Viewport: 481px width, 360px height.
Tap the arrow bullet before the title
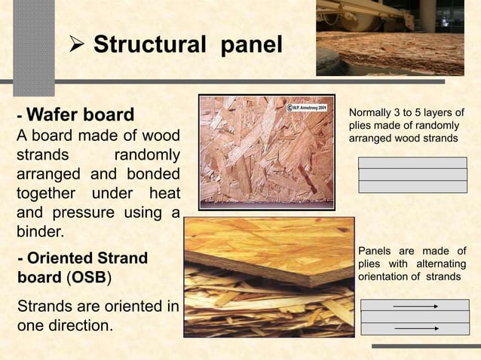click(78, 45)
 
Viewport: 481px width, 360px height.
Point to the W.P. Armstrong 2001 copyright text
click(305, 108)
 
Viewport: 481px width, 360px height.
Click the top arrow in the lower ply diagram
click(415, 306)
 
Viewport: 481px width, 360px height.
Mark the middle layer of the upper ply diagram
click(412, 175)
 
